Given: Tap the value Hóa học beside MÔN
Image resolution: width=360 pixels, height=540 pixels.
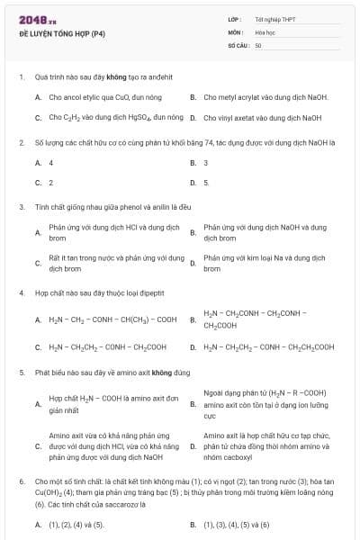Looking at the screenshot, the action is (265, 31).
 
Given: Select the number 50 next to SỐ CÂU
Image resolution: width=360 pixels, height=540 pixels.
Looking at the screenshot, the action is (258, 45).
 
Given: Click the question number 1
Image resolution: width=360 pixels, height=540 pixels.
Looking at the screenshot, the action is (21, 76).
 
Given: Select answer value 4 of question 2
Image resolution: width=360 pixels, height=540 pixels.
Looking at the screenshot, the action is (51, 163).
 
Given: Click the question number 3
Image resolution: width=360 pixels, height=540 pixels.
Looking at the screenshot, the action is (21, 207).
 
